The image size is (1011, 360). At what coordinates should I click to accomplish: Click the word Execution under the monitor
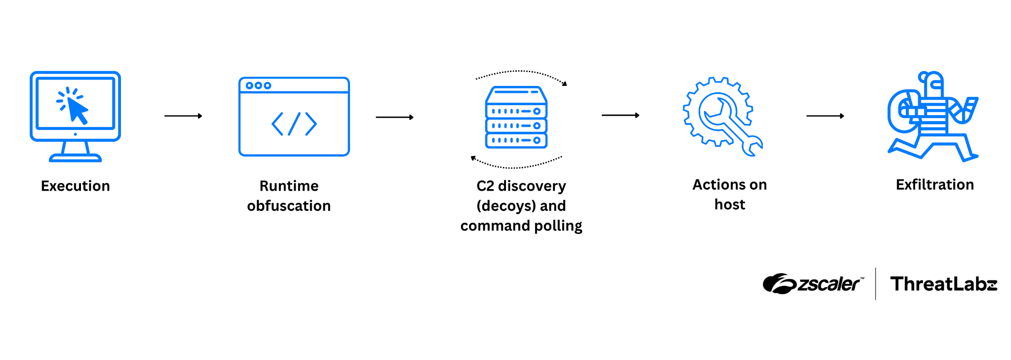[x=75, y=186]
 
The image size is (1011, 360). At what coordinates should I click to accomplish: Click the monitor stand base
[x=75, y=158]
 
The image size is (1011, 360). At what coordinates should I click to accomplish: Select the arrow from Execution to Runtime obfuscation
[x=183, y=116]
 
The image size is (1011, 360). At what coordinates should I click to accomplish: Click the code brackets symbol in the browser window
[x=294, y=123]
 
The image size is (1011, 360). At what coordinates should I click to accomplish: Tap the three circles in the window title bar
[x=258, y=85]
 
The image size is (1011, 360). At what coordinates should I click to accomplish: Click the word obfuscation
[x=289, y=206]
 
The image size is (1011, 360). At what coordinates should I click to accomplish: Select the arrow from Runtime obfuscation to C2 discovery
[x=394, y=118]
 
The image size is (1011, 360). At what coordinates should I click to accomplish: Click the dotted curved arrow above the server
[x=521, y=73]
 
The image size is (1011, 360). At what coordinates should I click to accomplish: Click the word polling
[x=558, y=226]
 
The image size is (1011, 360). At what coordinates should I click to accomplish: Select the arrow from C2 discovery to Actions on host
[x=620, y=115]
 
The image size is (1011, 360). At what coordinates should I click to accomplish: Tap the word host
[x=729, y=204]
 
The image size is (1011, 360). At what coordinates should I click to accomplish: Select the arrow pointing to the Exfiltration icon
[x=824, y=116]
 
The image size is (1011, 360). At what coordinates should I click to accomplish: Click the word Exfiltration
[x=934, y=185]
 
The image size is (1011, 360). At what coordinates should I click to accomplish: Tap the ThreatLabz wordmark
[x=943, y=284]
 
